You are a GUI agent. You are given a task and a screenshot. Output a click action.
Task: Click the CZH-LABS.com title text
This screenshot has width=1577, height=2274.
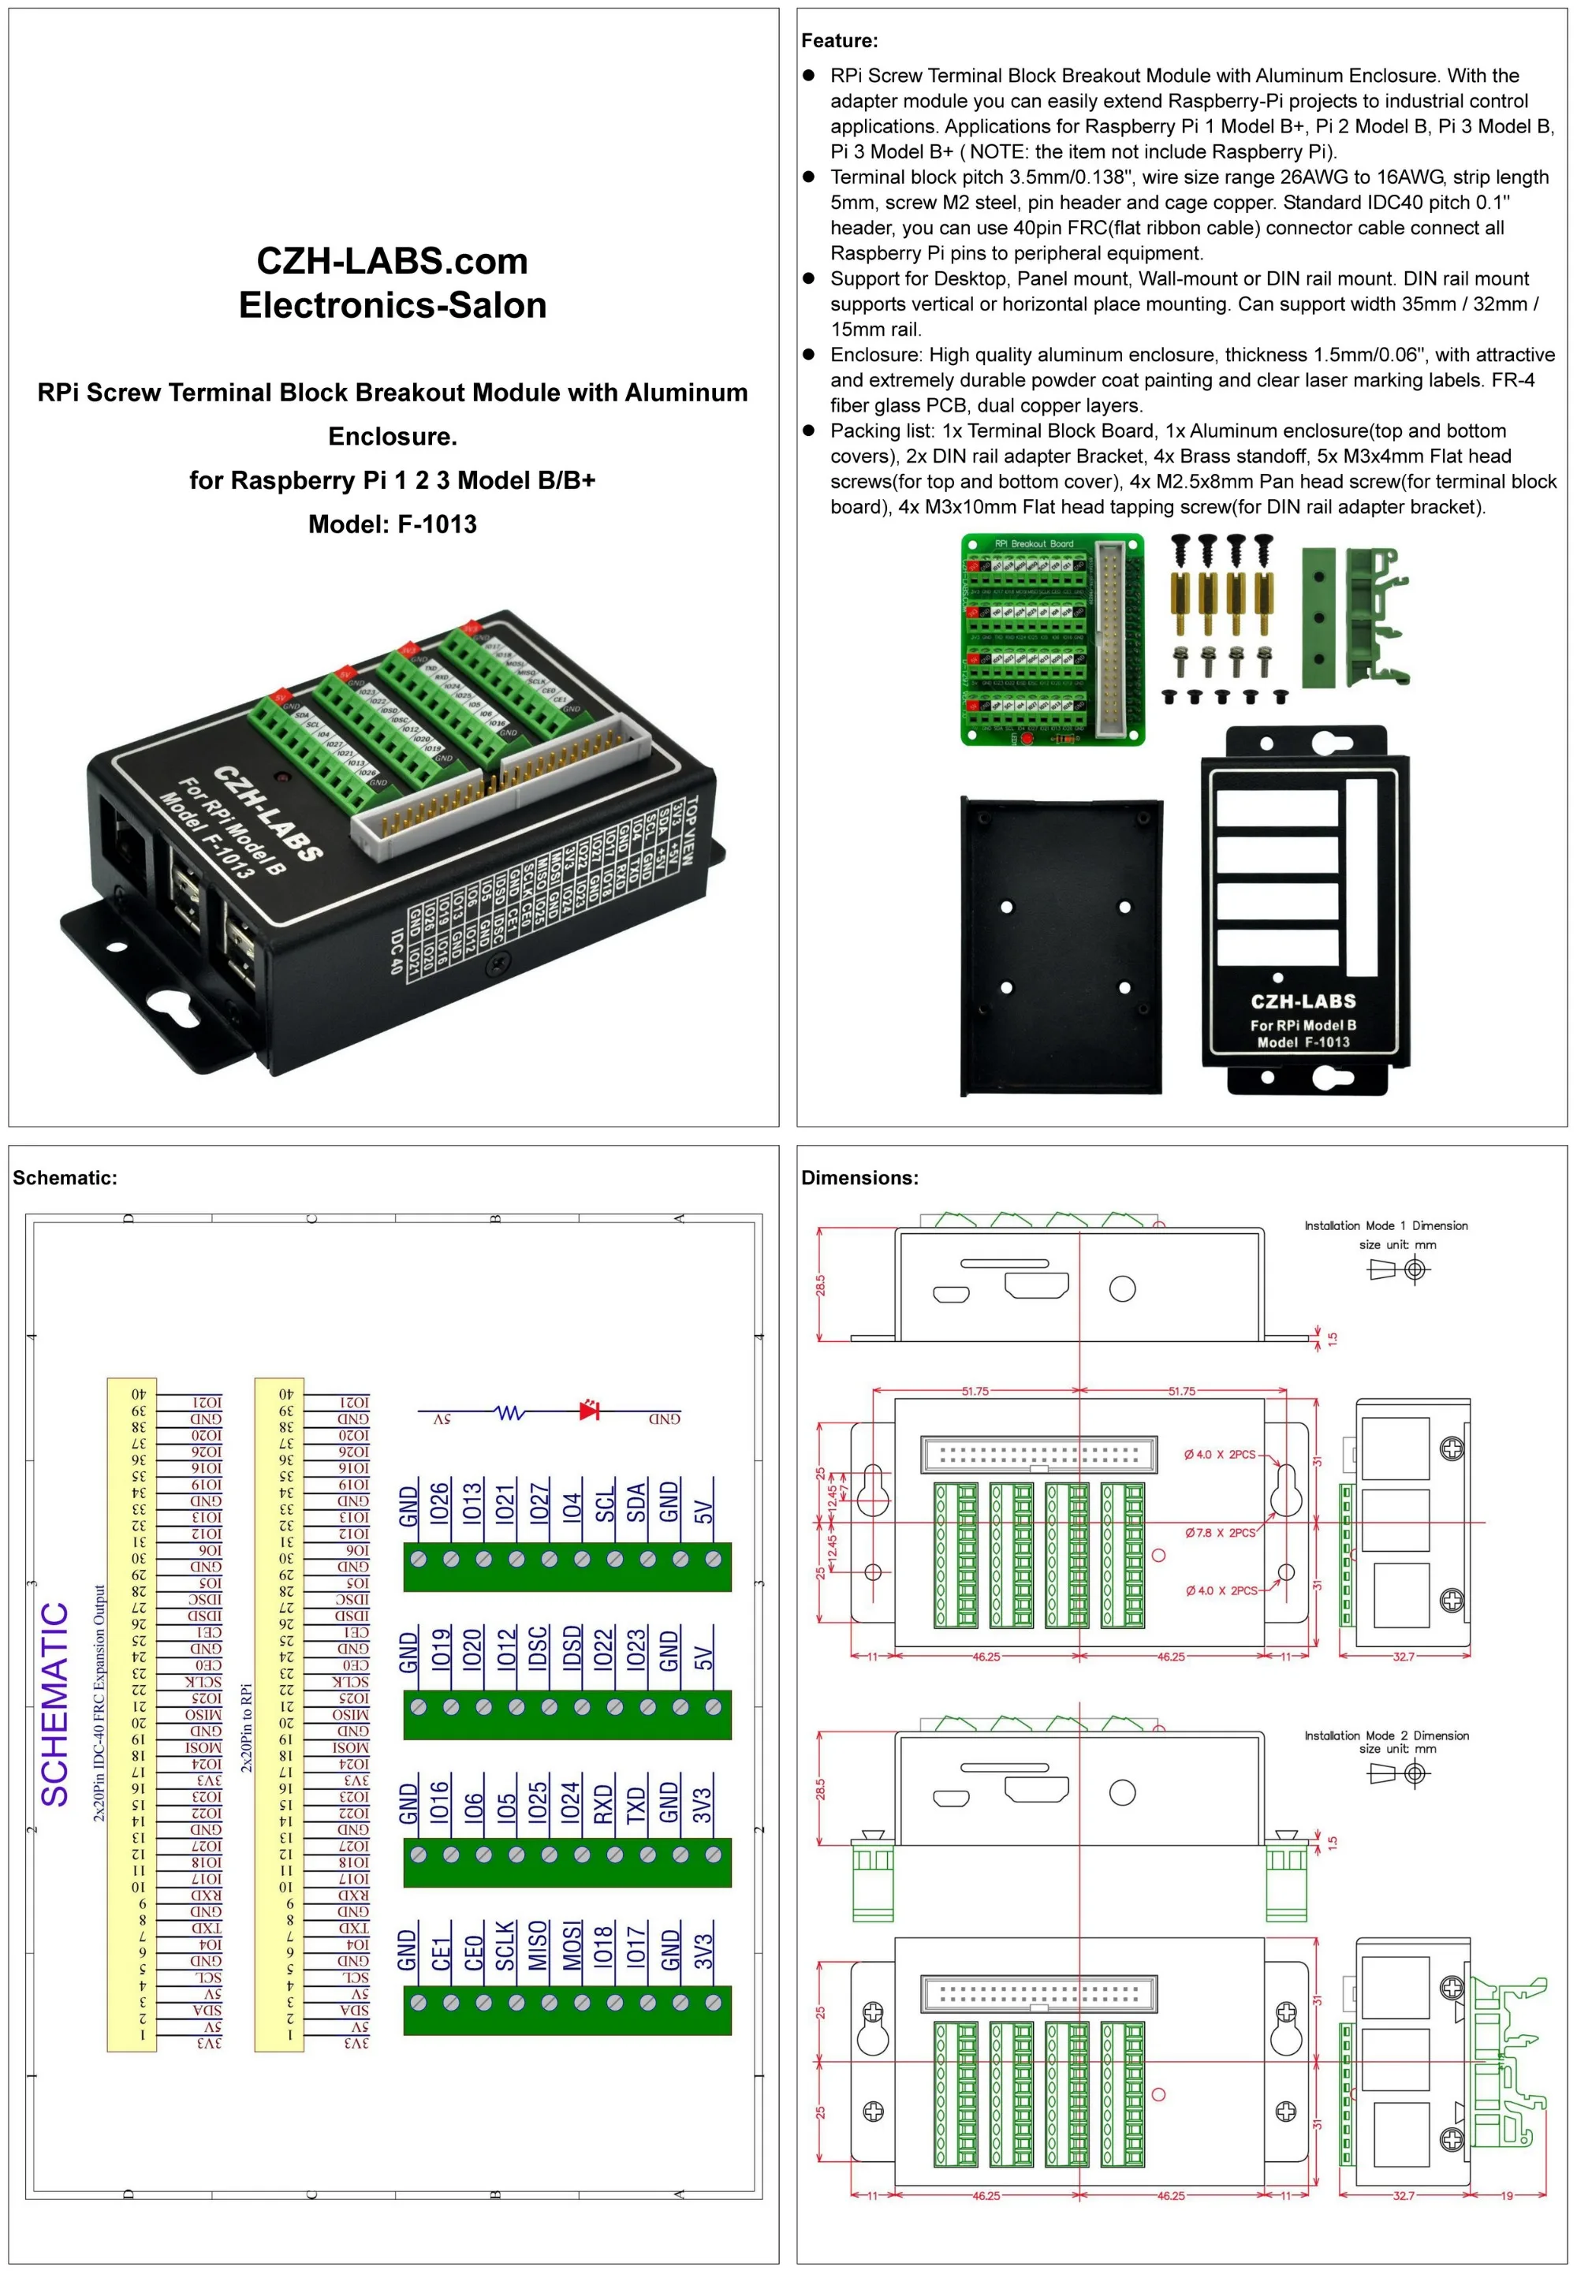click(x=392, y=261)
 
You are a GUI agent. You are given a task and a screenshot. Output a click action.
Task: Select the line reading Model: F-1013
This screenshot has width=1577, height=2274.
click(x=392, y=524)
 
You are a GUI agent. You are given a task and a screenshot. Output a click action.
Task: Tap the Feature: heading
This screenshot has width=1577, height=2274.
click(x=839, y=40)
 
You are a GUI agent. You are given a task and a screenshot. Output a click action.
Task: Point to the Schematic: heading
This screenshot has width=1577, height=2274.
click(x=64, y=1177)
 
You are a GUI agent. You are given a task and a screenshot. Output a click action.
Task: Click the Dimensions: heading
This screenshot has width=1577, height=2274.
click(x=859, y=1177)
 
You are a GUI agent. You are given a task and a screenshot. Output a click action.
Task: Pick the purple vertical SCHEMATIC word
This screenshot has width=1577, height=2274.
click(x=54, y=1704)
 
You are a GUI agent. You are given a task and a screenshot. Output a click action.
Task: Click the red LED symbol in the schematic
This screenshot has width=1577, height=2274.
click(x=590, y=1411)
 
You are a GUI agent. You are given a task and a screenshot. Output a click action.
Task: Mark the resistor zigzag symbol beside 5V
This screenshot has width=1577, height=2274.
click(x=510, y=1413)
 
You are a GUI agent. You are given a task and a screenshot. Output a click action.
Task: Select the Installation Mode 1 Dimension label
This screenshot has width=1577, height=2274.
click(x=1385, y=1226)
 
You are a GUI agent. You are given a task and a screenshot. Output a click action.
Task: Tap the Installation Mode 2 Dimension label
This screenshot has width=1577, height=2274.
click(x=1385, y=1735)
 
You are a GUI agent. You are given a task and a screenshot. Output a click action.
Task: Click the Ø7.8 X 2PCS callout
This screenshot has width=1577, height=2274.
click(x=1221, y=1533)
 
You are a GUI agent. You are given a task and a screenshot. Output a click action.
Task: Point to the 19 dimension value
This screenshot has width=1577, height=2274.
click(x=1507, y=2196)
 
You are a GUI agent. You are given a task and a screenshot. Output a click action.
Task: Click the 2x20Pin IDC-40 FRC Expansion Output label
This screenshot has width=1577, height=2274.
click(x=99, y=1703)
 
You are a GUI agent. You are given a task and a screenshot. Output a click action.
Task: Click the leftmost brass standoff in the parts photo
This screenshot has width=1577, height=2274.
click(x=1180, y=602)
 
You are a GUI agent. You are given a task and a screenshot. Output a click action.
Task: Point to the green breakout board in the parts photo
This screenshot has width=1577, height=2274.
click(x=1053, y=639)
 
